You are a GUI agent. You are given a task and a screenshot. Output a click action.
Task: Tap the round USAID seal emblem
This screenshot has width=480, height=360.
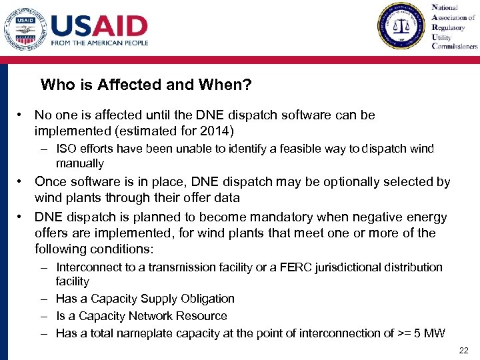(x=25, y=28)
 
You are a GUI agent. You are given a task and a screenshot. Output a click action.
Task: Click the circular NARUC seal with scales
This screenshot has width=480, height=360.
(x=400, y=25)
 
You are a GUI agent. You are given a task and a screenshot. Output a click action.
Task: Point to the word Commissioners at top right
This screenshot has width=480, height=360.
(x=455, y=47)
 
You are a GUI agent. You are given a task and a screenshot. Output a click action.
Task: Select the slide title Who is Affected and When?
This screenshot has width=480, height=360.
(x=145, y=85)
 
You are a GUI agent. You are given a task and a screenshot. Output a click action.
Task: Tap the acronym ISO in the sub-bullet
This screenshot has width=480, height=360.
(x=66, y=149)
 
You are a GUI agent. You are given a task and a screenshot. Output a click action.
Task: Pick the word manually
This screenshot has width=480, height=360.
(x=80, y=163)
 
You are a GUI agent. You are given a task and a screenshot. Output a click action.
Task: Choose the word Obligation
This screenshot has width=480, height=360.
(x=205, y=299)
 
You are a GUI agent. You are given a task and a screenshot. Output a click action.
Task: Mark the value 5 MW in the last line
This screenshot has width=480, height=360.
(x=431, y=333)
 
